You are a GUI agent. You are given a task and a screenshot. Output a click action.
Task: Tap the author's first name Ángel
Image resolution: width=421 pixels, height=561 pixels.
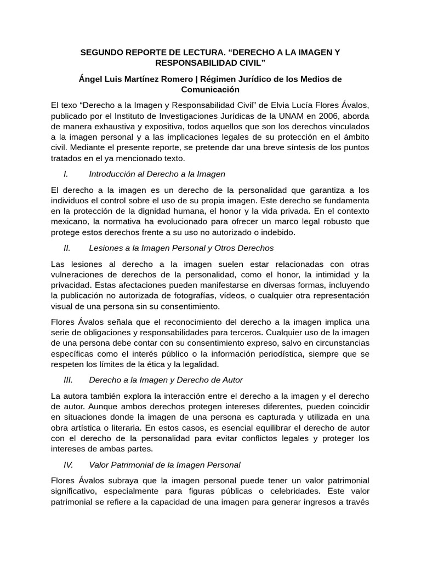click(91, 79)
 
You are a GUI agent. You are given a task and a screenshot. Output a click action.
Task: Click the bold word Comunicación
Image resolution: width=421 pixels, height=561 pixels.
click(210, 89)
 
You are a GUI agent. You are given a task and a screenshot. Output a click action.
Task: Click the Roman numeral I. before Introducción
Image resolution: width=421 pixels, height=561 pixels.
click(66, 174)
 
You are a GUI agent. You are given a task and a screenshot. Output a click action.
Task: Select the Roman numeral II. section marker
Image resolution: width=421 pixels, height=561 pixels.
click(67, 248)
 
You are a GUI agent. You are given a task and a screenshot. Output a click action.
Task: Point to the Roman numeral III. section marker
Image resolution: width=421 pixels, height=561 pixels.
click(69, 380)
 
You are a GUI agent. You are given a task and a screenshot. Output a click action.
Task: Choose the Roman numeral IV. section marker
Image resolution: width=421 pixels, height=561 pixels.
click(69, 465)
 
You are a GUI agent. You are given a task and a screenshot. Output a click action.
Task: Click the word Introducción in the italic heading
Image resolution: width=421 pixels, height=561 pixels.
click(114, 174)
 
